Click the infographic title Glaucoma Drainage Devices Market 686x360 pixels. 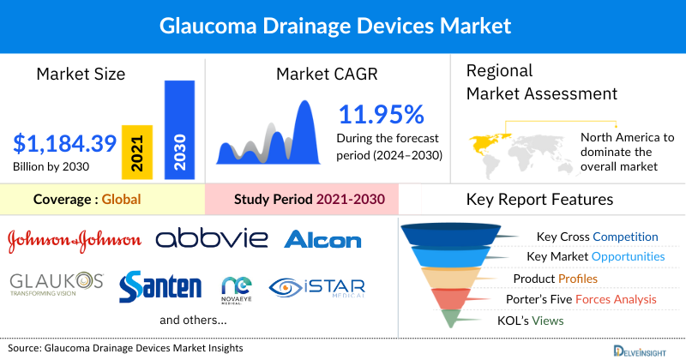coord(343,27)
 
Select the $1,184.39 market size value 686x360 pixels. coord(59,142)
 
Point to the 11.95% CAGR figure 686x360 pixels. coord(381,115)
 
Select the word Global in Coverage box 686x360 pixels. coord(121,200)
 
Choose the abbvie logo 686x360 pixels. coord(211,238)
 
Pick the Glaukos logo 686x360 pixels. coord(57,284)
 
